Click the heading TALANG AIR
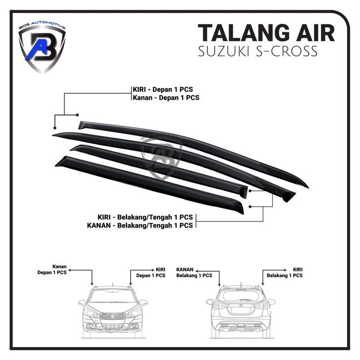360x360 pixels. [x=266, y=33]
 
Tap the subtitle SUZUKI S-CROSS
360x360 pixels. [x=258, y=52]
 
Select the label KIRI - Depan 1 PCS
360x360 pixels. [x=163, y=89]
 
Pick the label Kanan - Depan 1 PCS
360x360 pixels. [x=166, y=98]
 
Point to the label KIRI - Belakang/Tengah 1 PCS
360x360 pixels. [x=145, y=217]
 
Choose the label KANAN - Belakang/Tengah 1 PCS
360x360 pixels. [x=140, y=225]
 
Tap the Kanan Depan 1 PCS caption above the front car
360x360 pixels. [x=52, y=270]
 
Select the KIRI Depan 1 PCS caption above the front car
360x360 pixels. [x=151, y=273]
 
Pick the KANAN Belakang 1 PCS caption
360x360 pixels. [x=194, y=273]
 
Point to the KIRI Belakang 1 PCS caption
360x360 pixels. [x=285, y=273]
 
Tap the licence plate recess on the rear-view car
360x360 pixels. [x=240, y=310]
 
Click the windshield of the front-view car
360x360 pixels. [x=113, y=296]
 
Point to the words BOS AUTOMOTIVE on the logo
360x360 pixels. [x=42, y=25]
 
